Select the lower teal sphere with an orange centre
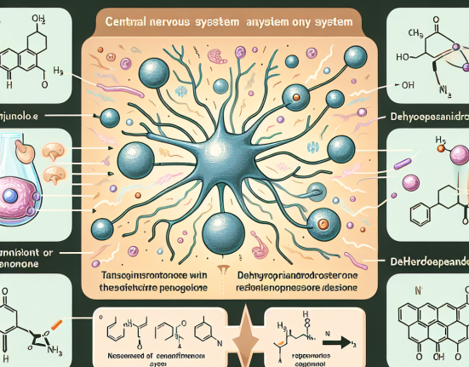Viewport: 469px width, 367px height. tap(325, 225)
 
